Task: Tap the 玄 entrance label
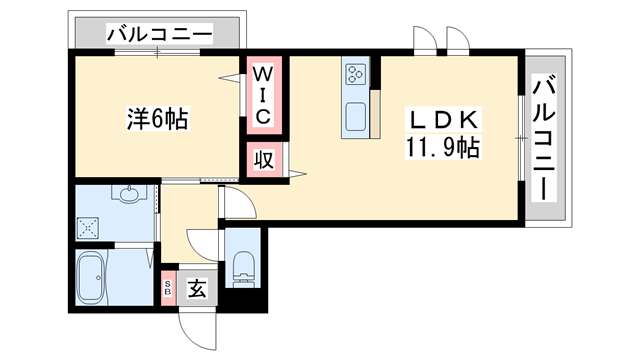click(197, 290)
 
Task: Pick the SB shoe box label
click(168, 290)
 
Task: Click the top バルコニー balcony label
click(159, 35)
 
